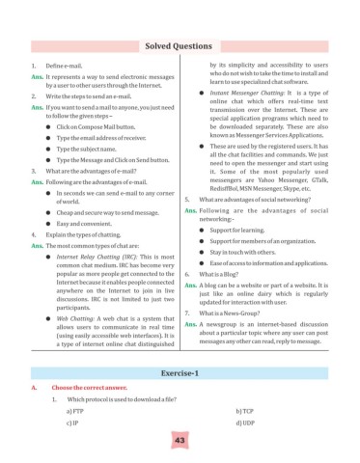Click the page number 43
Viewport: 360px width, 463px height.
click(180, 440)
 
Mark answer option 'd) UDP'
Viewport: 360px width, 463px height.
click(242, 422)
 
